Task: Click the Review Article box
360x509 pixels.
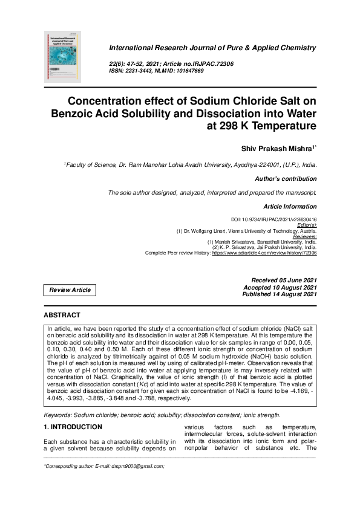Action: [x=70, y=290]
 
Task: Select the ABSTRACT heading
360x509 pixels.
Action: [x=62, y=315]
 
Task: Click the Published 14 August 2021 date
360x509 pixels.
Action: [x=279, y=294]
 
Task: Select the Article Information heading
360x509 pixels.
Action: [x=290, y=207]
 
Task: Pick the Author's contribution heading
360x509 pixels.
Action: [x=286, y=179]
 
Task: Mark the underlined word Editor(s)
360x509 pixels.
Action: [x=305, y=224]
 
